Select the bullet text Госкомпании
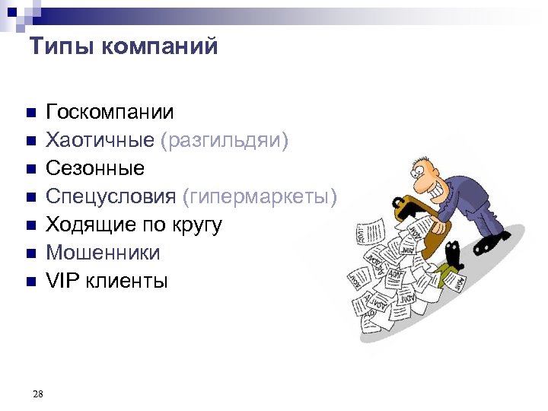pyautogui.click(x=110, y=113)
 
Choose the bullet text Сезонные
pyautogui.click(x=95, y=168)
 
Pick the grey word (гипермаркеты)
pyautogui.click(x=260, y=196)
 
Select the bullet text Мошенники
pyautogui.click(x=104, y=253)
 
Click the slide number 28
pyautogui.click(x=39, y=393)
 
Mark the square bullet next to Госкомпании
pyautogui.click(x=30, y=113)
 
